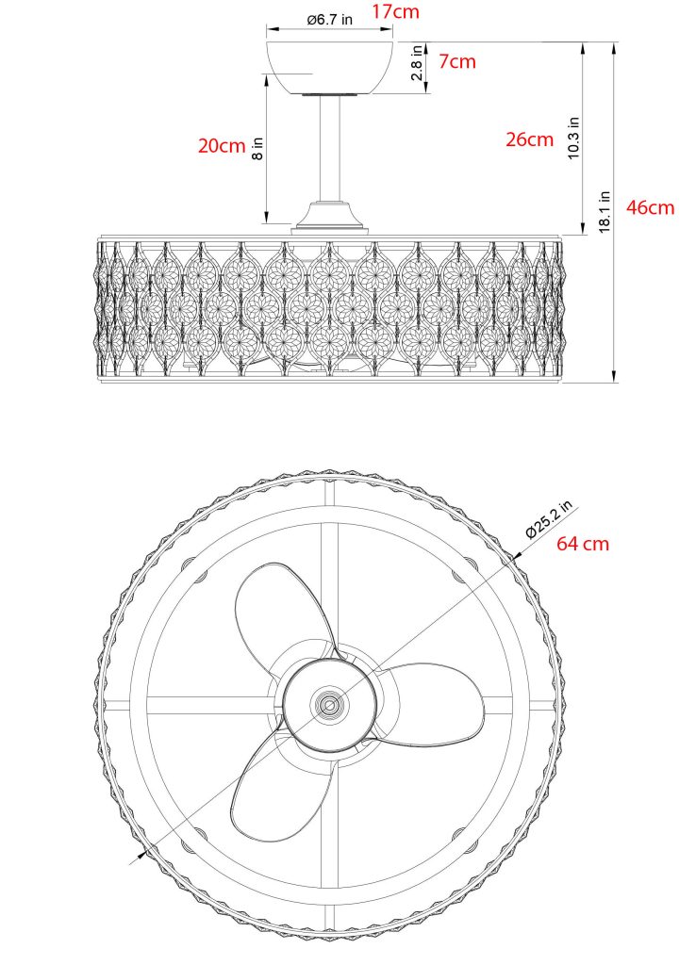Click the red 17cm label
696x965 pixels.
pos(396,12)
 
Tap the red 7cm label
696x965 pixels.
pos(457,62)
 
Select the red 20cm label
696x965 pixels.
pos(221,145)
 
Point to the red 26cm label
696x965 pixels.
pos(529,139)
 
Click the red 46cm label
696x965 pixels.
pos(651,208)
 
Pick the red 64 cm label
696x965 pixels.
pos(583,544)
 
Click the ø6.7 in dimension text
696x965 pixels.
pos(330,21)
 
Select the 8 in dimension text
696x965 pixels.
pos(257,148)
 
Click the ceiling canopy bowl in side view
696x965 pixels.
pos(330,66)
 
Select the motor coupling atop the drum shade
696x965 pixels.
pos(330,218)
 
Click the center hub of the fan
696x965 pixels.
pos(329,703)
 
